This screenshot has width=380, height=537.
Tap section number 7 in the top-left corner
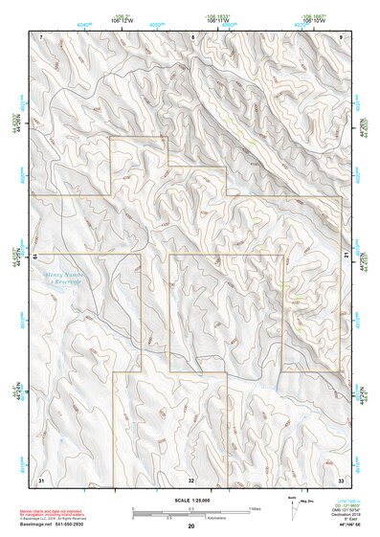(x=41, y=36)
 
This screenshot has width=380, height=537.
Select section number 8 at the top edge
(x=192, y=36)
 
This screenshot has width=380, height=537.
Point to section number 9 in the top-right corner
(x=342, y=36)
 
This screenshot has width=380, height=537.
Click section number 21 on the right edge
(x=346, y=255)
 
